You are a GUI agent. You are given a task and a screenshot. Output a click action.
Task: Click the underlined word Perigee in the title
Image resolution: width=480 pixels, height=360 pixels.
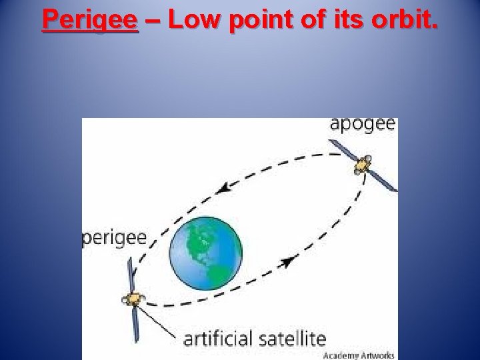[x=90, y=20]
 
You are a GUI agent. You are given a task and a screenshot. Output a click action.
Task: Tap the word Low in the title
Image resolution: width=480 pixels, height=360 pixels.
[x=194, y=20]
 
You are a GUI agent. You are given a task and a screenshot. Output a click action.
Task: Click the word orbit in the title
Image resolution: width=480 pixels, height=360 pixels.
[x=403, y=20]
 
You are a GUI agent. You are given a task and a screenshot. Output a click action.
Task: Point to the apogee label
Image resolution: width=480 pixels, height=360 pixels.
[x=363, y=125]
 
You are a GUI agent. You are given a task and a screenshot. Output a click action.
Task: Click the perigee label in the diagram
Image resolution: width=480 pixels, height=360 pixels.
[x=114, y=238]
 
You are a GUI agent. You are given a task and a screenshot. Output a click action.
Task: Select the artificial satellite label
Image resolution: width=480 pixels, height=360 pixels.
[x=255, y=338]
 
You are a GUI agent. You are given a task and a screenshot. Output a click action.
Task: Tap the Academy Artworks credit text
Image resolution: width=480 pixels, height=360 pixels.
[x=359, y=355]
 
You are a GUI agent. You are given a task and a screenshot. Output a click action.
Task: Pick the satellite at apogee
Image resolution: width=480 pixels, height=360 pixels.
[x=363, y=164]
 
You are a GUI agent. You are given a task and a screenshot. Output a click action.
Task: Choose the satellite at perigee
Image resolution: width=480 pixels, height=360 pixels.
[x=134, y=299]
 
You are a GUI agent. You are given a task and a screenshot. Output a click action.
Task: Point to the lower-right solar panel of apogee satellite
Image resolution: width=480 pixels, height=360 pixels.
[x=385, y=181]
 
